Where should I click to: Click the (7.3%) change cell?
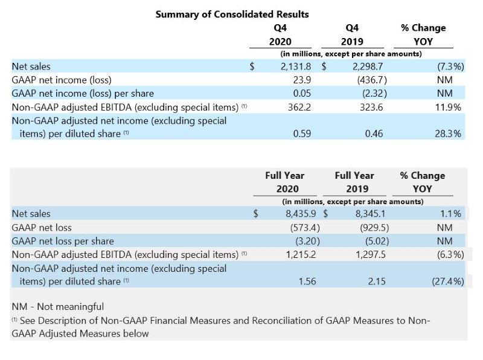pos(449,66)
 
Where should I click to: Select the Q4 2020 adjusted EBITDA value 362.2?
pos(298,107)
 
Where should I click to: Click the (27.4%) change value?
pos(446,281)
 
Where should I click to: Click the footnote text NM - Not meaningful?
pos(58,307)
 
